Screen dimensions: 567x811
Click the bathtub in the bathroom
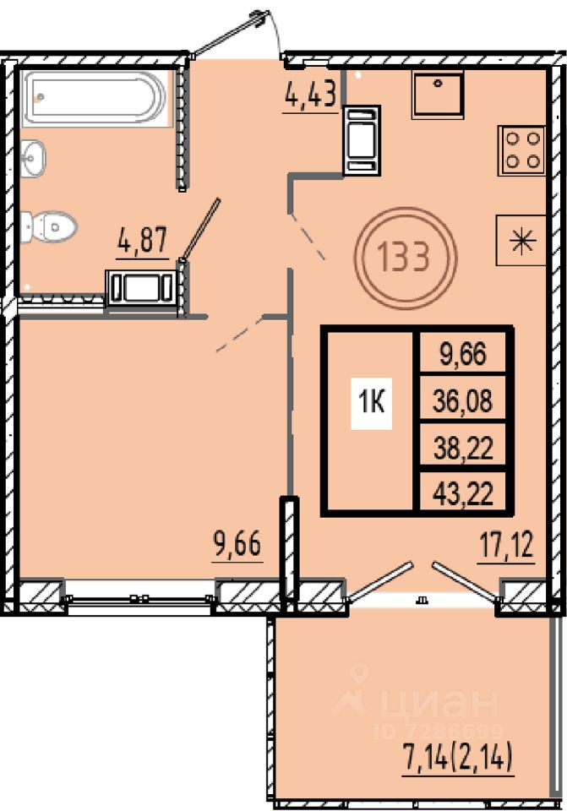pos(96,97)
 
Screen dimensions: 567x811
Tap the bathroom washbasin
pos(34,158)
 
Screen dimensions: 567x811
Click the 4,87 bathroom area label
pos(143,240)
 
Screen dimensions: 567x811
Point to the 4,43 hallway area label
pos(311,94)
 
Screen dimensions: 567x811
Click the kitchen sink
pos(438,95)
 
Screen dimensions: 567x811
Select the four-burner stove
pos(522,150)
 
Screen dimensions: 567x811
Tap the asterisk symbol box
pos(521,240)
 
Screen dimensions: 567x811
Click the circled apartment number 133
pos(405,257)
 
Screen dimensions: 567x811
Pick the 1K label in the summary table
pos(372,403)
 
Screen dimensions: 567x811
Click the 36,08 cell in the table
pos(462,400)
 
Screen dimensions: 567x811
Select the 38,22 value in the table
pos(462,448)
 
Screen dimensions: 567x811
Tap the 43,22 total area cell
pos(462,493)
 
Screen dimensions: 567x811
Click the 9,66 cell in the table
pos(462,353)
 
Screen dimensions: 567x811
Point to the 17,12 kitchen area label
pos(506,546)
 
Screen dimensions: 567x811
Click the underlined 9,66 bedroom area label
pos(237,545)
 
